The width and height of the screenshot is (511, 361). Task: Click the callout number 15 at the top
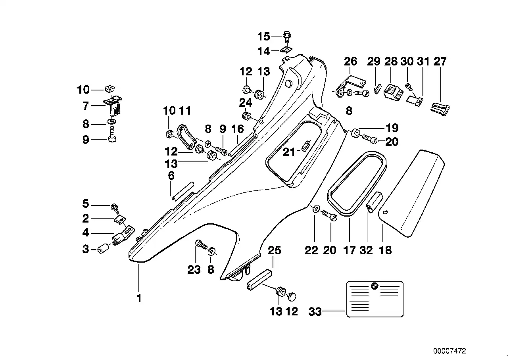[263, 37]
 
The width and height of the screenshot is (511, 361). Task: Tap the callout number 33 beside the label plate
[315, 312]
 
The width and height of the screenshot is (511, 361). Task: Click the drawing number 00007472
[450, 351]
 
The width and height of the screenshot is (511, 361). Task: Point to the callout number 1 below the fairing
[139, 298]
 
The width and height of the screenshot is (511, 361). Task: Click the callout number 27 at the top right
[440, 61]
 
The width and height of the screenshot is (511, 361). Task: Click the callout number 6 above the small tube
[171, 176]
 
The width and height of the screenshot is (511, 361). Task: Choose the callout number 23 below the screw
[194, 270]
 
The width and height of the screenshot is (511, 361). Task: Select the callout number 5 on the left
[86, 204]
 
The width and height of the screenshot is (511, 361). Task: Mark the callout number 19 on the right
[392, 128]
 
